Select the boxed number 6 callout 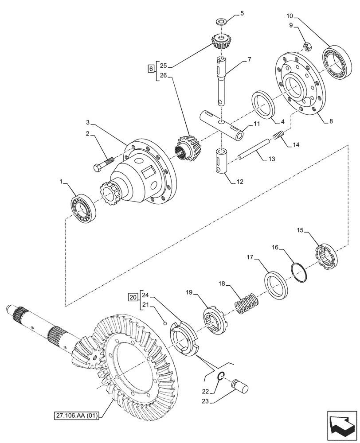151,69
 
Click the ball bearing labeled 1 83,207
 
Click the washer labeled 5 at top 220,22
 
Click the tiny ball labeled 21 164,323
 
